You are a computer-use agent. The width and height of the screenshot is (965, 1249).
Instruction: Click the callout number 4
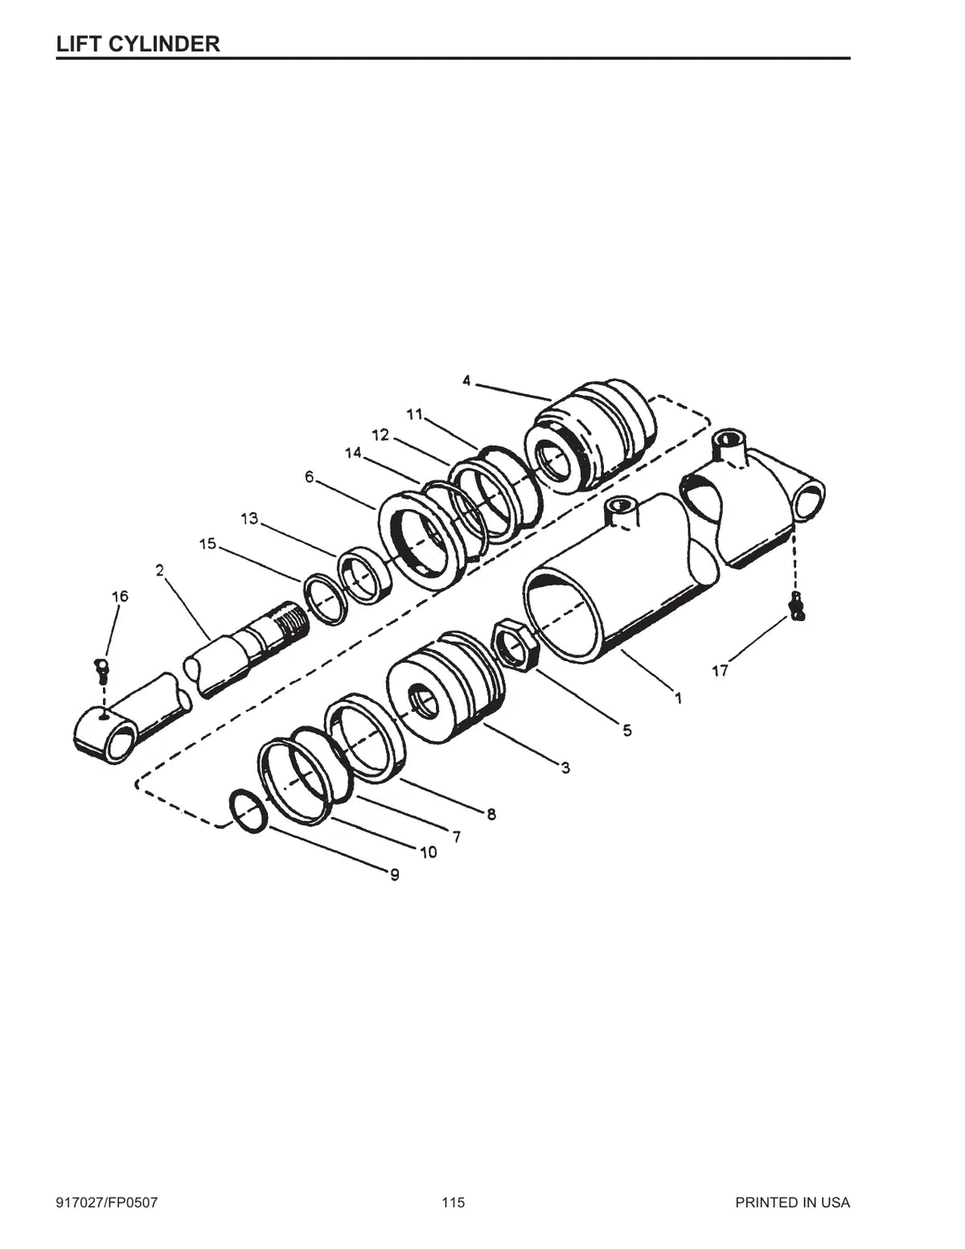466,380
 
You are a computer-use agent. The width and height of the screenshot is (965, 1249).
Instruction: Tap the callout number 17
720,670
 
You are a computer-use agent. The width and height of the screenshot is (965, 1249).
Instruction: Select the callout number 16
120,596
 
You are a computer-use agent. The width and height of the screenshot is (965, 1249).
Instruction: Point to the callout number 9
395,875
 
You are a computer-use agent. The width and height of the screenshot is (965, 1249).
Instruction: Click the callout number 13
249,519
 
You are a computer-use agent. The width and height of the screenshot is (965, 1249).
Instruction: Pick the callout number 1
678,698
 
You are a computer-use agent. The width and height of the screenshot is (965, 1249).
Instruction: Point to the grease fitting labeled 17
796,606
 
